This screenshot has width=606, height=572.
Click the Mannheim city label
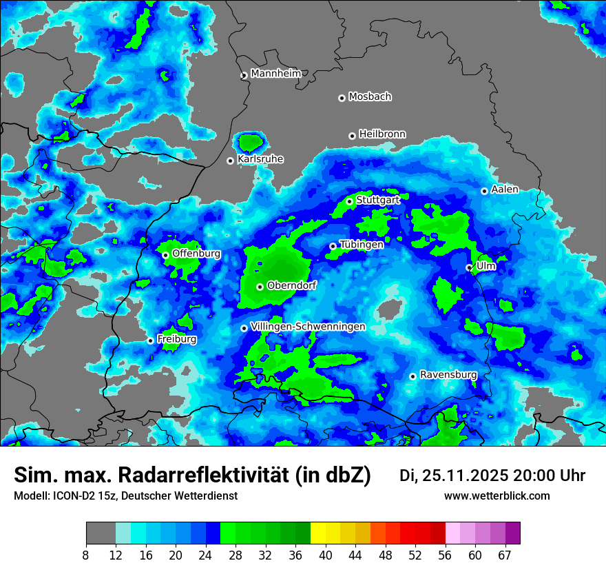click(x=275, y=73)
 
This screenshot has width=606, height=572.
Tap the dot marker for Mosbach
click(x=342, y=98)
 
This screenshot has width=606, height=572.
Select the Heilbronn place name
click(x=382, y=134)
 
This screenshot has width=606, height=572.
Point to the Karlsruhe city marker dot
click(x=231, y=161)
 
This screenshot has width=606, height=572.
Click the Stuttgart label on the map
click(x=378, y=200)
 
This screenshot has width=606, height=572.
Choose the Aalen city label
click(x=505, y=189)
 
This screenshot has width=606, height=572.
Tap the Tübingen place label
click(x=362, y=244)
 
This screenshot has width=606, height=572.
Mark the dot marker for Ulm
click(x=469, y=267)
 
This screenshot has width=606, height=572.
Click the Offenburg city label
click(x=196, y=253)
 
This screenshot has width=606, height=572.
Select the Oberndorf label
click(x=292, y=285)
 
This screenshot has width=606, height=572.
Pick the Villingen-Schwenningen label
click(x=309, y=326)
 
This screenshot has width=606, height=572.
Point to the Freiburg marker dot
click(x=150, y=340)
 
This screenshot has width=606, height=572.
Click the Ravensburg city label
click(x=448, y=375)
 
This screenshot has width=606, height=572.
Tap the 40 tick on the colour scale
click(x=326, y=555)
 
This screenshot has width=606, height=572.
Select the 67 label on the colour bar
click(x=505, y=555)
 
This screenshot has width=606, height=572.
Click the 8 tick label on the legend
click(x=86, y=555)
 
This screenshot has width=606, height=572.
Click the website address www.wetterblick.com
click(x=497, y=496)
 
